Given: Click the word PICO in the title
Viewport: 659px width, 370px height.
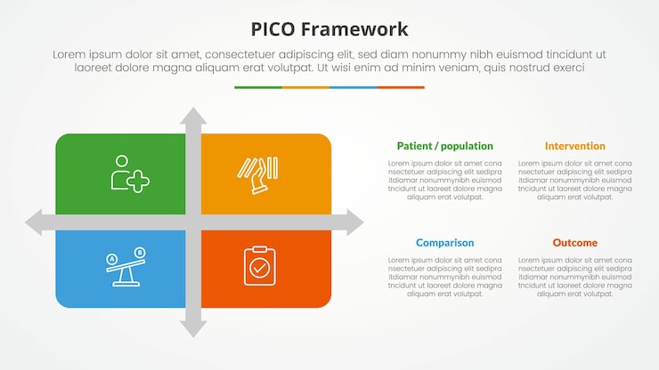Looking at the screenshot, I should (x=276, y=28).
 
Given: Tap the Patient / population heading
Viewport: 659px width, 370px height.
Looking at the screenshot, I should (x=444, y=146).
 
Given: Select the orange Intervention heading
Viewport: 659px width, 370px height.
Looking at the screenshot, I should (x=574, y=146).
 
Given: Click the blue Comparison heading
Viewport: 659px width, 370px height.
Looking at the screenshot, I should (x=444, y=243).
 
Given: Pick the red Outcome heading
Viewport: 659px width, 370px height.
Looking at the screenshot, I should (x=574, y=243).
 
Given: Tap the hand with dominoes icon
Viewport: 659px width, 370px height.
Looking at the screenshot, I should (x=256, y=174).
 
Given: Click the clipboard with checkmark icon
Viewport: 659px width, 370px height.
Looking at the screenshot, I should (x=259, y=265).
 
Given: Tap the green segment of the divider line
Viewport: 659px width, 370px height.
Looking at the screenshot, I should (x=258, y=87).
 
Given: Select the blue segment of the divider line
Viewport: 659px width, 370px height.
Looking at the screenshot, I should (x=353, y=87).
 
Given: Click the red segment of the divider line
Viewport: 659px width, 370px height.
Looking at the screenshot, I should (x=401, y=87).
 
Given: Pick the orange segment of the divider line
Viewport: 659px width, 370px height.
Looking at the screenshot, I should (x=305, y=87).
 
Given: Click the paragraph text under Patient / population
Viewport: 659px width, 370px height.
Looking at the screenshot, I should (x=444, y=180).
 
